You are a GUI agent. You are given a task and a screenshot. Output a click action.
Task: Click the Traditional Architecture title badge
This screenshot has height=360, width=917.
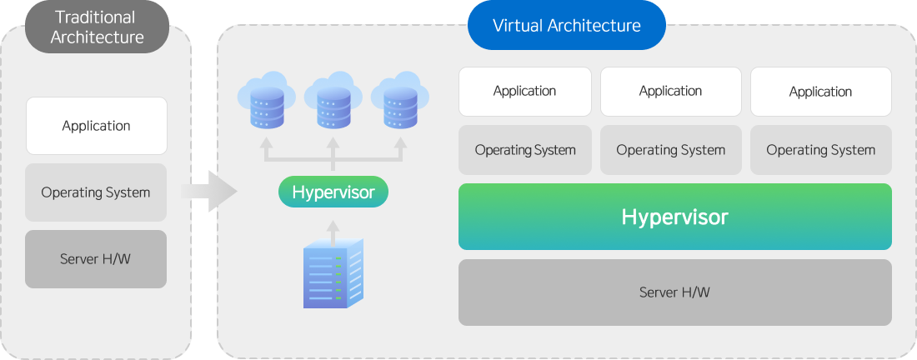pyautogui.click(x=97, y=27)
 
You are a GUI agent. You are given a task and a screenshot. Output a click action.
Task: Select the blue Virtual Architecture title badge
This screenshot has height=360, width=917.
pyautogui.click(x=567, y=25)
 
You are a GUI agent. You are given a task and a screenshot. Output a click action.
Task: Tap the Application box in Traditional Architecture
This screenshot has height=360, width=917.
pyautogui.click(x=97, y=126)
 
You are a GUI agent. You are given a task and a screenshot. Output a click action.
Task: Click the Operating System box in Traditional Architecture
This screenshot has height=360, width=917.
pyautogui.click(x=96, y=192)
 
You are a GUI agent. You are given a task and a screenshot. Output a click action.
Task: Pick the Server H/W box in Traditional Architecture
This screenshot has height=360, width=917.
pyautogui.click(x=96, y=259)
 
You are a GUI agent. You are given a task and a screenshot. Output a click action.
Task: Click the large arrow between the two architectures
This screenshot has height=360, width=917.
pyautogui.click(x=208, y=191)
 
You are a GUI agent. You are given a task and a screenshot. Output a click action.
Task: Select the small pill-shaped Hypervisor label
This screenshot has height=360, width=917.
pyautogui.click(x=333, y=192)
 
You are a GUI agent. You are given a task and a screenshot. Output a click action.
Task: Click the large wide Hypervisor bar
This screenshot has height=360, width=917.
pyautogui.click(x=675, y=217)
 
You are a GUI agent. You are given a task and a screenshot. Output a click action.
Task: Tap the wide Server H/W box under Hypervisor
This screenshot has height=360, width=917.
pyautogui.click(x=675, y=292)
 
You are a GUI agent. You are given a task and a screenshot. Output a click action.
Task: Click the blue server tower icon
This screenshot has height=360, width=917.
pyautogui.click(x=333, y=273)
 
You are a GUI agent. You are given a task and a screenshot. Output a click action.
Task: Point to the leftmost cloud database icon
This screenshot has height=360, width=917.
pyautogui.click(x=267, y=100)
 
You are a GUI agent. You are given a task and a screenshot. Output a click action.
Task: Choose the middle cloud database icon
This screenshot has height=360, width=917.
pyautogui.click(x=333, y=100)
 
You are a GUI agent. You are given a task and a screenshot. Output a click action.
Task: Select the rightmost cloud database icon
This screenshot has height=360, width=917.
pyautogui.click(x=400, y=100)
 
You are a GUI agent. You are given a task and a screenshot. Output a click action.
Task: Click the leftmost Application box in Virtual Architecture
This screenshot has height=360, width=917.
pyautogui.click(x=525, y=92)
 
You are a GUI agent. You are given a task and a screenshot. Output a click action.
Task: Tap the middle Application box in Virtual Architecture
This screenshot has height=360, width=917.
pyautogui.click(x=671, y=92)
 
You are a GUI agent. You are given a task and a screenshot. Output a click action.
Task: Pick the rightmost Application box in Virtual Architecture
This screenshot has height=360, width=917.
pyautogui.click(x=821, y=92)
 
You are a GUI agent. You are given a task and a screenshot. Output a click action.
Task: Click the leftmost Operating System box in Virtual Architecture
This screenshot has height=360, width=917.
pyautogui.click(x=525, y=150)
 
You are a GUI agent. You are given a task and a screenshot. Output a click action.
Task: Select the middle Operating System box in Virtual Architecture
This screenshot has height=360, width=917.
pyautogui.click(x=671, y=150)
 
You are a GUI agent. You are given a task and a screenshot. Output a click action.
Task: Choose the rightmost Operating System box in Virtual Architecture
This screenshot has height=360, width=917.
pyautogui.click(x=821, y=150)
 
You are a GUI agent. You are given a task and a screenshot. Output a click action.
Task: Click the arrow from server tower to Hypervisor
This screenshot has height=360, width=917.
pyautogui.click(x=333, y=234)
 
